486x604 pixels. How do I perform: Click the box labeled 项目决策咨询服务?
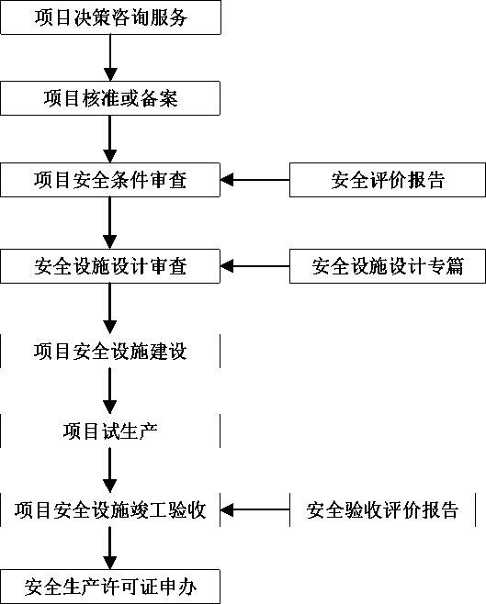110,17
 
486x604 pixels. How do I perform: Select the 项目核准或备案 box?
110,98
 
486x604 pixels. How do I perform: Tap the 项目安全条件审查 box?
110,180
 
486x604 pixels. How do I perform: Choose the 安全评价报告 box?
388,180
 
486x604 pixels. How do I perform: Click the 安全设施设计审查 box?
110,266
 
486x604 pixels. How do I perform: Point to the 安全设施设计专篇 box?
388,266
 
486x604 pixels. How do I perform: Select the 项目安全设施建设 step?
110,351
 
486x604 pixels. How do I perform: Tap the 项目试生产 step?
110,431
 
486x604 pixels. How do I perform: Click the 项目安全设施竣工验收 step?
110,509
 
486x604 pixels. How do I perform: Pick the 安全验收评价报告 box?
383,509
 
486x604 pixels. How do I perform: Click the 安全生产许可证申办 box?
110,587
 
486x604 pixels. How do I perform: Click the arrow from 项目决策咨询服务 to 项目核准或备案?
110,58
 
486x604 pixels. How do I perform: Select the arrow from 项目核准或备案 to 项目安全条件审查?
110,139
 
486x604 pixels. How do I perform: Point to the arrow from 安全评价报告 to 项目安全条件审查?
254,180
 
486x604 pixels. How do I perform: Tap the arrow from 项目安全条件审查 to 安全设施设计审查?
110,223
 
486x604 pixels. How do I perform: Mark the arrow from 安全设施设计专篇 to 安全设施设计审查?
254,266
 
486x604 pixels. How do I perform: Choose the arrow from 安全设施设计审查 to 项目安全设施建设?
110,308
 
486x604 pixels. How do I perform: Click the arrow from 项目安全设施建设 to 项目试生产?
110,391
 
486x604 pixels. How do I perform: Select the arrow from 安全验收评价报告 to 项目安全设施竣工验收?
254,509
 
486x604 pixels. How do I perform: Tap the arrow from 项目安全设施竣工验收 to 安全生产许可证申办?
110,548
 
